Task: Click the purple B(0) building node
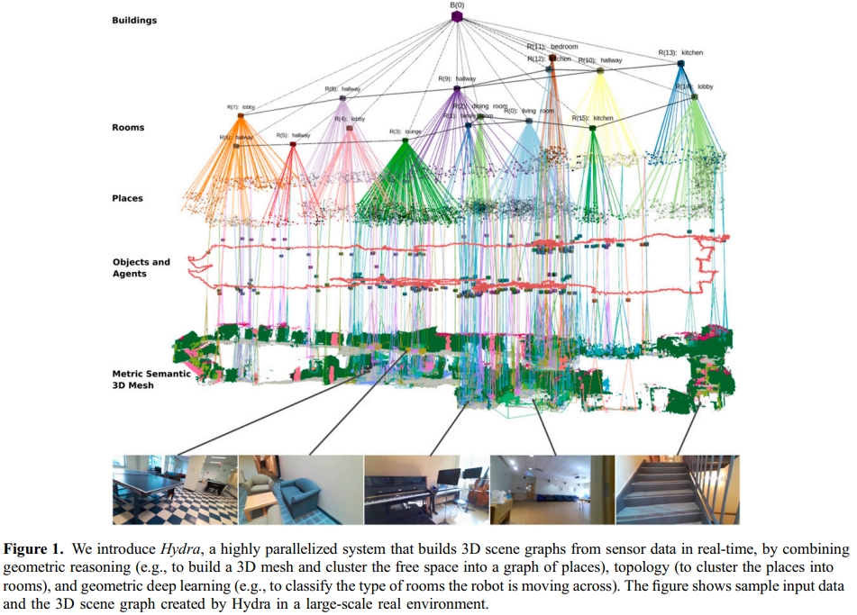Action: tap(457, 16)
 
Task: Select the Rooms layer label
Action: tap(128, 128)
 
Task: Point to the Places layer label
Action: tap(128, 198)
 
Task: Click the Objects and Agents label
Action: tap(141, 267)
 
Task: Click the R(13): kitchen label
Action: tap(680, 53)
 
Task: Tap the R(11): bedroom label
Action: tap(552, 46)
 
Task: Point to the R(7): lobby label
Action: tap(239, 107)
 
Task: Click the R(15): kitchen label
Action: tap(592, 118)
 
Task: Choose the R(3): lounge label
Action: tap(406, 131)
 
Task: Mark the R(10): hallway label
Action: tap(600, 60)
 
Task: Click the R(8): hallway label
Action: tap(342, 88)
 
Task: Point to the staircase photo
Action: tap(677, 489)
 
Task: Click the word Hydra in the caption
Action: tap(178, 548)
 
